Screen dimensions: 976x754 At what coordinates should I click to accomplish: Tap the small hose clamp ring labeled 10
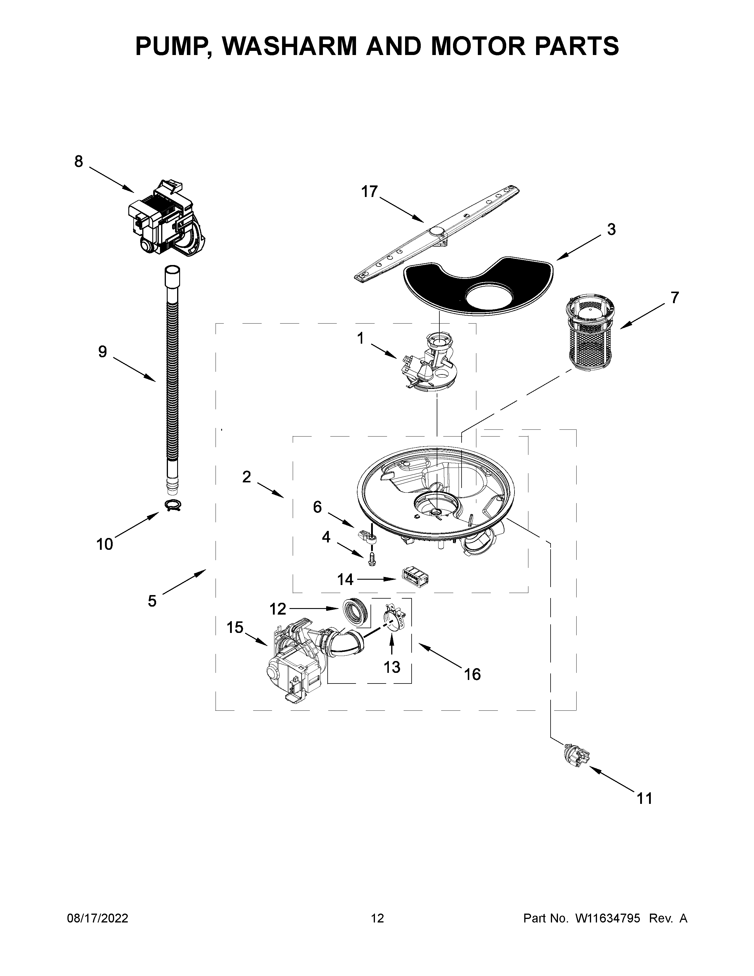pyautogui.click(x=174, y=506)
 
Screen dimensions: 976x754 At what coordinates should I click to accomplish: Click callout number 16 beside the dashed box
pyautogui.click(x=472, y=674)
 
